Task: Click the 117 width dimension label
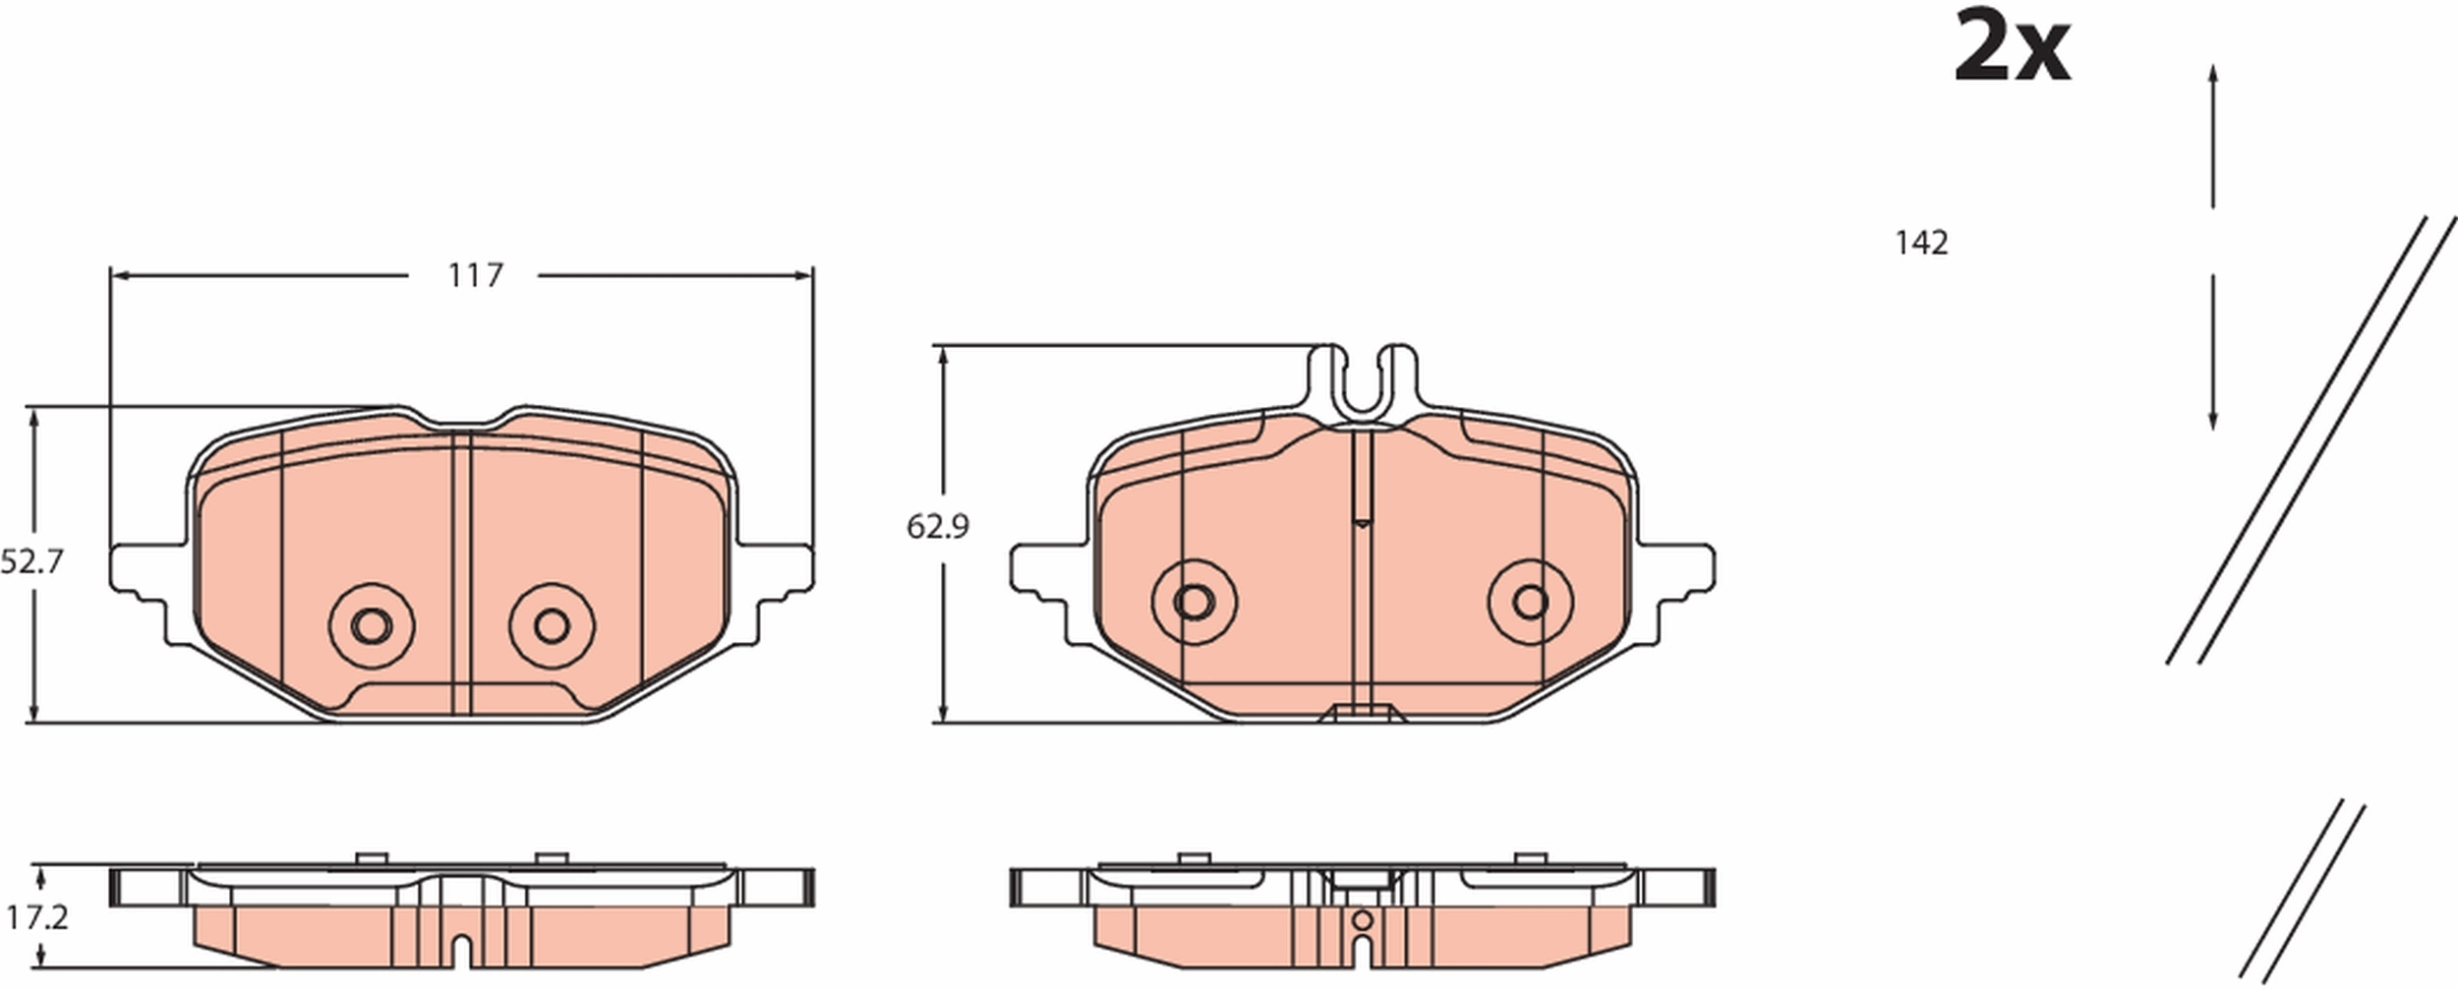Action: (x=475, y=276)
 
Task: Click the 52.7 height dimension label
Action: (x=31, y=562)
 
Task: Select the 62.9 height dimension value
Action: (x=937, y=528)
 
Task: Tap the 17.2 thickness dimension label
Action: (x=36, y=918)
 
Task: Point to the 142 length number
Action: (x=1921, y=243)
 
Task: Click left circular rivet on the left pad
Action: (x=371, y=625)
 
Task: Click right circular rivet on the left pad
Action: (x=552, y=625)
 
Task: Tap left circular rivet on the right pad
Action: (x=1194, y=602)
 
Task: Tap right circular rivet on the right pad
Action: (x=1531, y=602)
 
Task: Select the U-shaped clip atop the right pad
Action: (x=1363, y=383)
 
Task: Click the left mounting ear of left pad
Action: (x=138, y=570)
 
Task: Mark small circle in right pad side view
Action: (x=1362, y=920)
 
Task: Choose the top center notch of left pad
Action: (x=469, y=425)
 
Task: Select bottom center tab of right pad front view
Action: (x=1362, y=714)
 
